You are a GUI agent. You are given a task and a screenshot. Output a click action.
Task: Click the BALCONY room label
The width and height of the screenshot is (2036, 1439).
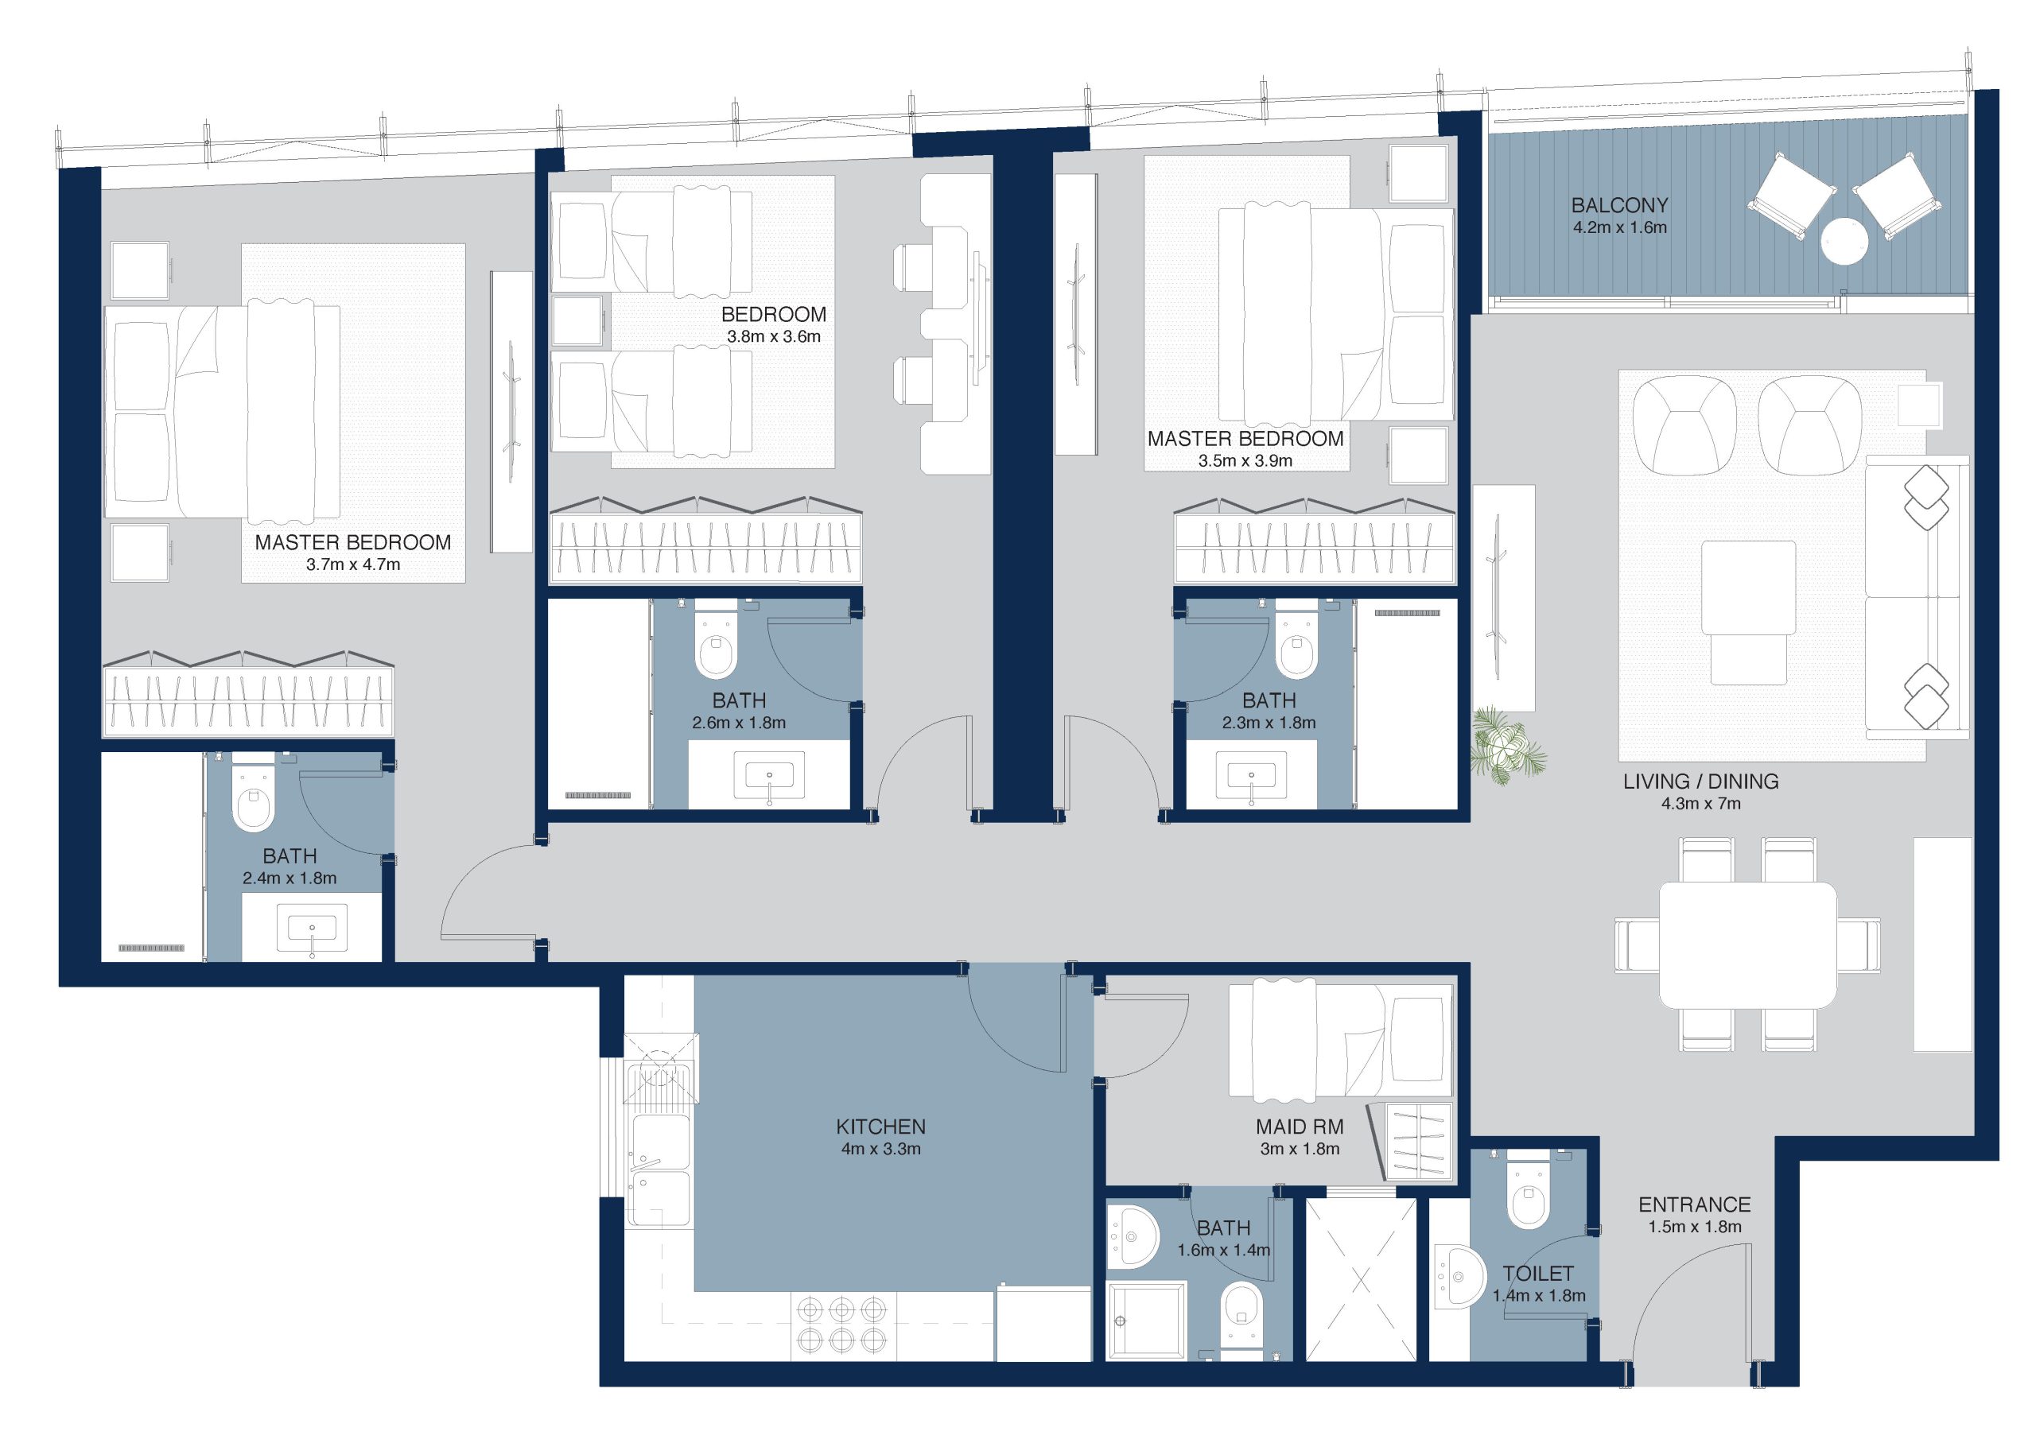[1619, 205]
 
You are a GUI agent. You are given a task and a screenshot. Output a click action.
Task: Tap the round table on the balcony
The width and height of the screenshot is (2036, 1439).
[1844, 240]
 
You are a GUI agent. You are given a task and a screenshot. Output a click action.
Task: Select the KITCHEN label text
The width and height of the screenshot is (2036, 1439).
[880, 1127]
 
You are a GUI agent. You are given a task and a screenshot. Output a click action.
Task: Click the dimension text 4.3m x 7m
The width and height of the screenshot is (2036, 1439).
[1701, 805]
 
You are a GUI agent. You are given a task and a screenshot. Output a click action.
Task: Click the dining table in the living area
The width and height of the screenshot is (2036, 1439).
[1748, 945]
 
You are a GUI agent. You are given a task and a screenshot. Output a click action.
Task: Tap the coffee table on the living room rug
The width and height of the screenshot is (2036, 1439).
[1748, 587]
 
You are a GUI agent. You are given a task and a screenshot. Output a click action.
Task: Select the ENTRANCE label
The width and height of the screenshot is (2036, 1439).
[1695, 1205]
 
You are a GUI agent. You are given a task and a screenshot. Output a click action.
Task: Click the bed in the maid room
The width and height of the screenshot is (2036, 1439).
[1340, 1038]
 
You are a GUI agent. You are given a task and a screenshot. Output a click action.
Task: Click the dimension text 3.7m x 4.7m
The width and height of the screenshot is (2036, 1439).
[353, 564]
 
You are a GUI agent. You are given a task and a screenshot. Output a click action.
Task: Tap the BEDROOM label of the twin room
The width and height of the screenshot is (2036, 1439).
[773, 315]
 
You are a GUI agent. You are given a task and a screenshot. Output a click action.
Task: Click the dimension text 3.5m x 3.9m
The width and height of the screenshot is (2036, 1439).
[1245, 461]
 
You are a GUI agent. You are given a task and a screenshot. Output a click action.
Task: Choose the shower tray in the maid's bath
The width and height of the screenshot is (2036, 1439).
[1147, 1321]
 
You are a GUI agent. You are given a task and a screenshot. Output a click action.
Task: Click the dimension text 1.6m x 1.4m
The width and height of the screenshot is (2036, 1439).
[1224, 1250]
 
